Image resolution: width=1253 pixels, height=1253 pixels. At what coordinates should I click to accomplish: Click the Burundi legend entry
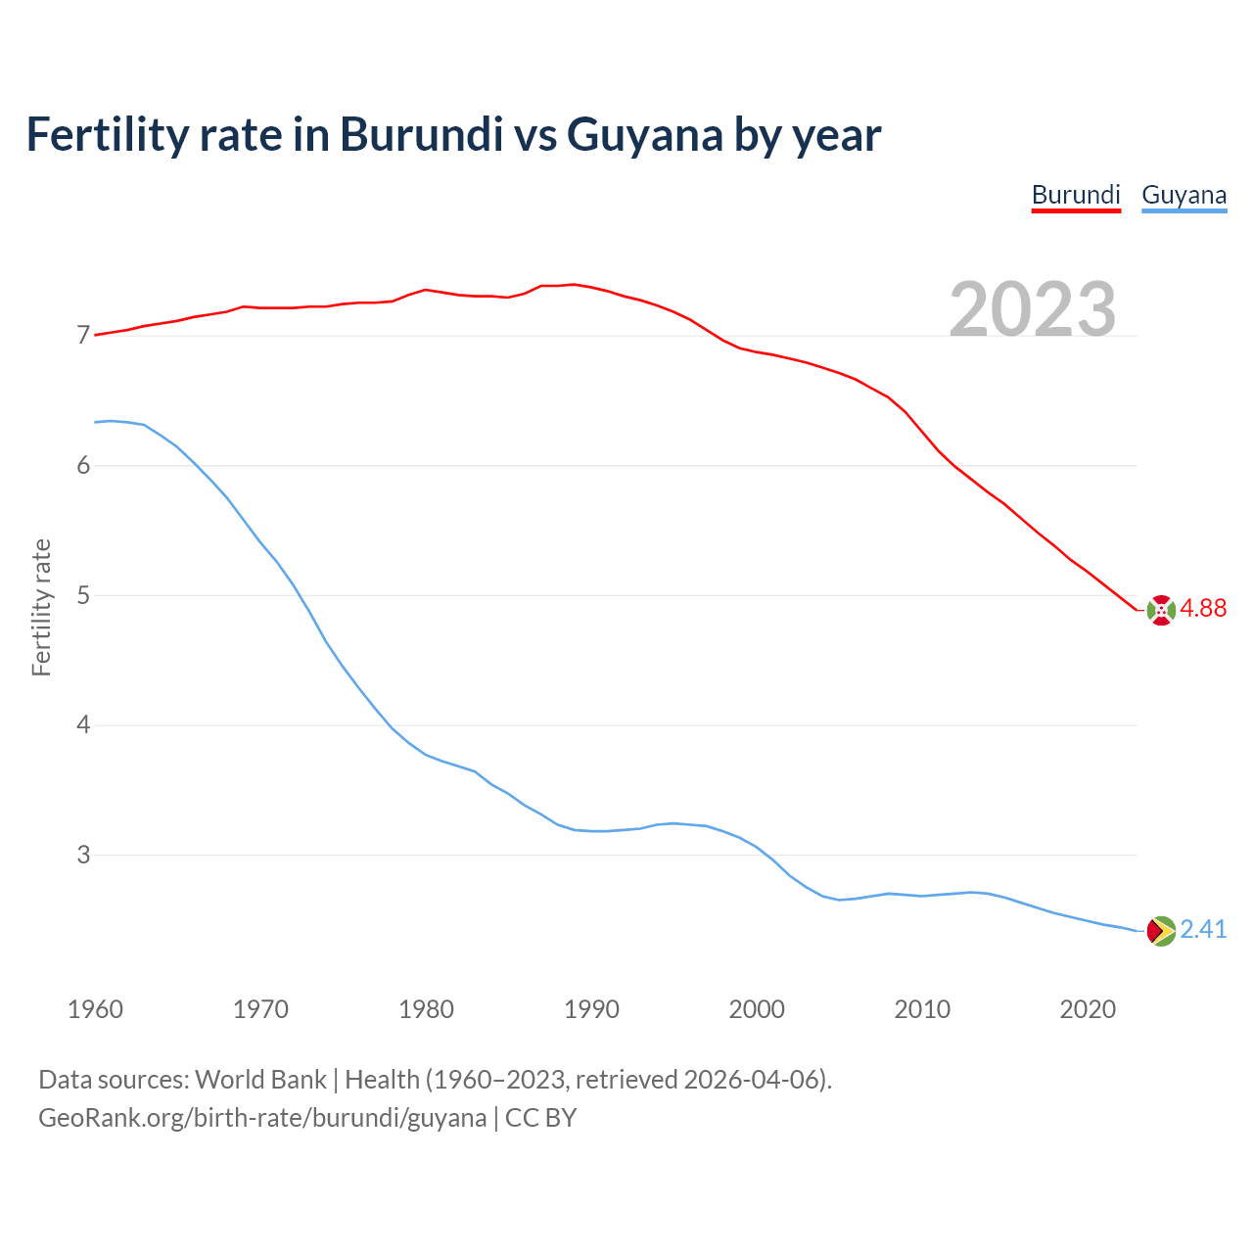pos(1076,195)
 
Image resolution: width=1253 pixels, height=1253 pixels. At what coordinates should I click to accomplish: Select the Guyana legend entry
pos(1183,195)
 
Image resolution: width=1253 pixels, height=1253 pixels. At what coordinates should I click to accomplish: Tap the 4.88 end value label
pos(1203,608)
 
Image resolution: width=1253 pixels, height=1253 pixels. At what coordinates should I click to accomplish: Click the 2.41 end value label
pos(1203,929)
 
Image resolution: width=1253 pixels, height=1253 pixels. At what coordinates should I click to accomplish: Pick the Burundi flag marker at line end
pos(1161,610)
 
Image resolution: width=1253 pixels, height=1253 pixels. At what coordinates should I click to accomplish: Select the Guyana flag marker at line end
pos(1161,931)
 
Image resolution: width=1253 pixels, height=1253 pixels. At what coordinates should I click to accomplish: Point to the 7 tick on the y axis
pos(83,336)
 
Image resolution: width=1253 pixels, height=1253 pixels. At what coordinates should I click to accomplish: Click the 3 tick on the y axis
pos(83,856)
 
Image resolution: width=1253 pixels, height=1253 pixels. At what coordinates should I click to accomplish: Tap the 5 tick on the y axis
pos(83,595)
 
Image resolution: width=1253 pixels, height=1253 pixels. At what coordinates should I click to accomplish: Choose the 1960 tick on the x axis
pos(95,1009)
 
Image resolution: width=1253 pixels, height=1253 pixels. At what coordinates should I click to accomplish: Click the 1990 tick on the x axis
pos(591,1009)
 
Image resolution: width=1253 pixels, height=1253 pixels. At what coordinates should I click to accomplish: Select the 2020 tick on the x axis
pos(1088,1009)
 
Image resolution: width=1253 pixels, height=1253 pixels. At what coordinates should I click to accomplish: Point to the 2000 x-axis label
pos(757,1009)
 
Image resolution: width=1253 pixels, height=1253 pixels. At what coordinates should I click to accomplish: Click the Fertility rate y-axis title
pos(41,607)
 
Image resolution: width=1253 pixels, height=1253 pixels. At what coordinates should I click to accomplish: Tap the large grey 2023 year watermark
pos(1033,309)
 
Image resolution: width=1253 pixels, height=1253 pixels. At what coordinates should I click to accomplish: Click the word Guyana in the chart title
pos(645,135)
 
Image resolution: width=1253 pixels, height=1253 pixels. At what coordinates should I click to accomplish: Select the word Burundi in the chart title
pos(421,135)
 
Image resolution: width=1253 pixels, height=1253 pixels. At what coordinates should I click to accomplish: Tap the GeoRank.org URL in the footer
pos(262,1118)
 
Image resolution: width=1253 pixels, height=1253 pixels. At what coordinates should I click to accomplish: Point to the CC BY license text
pos(541,1118)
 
